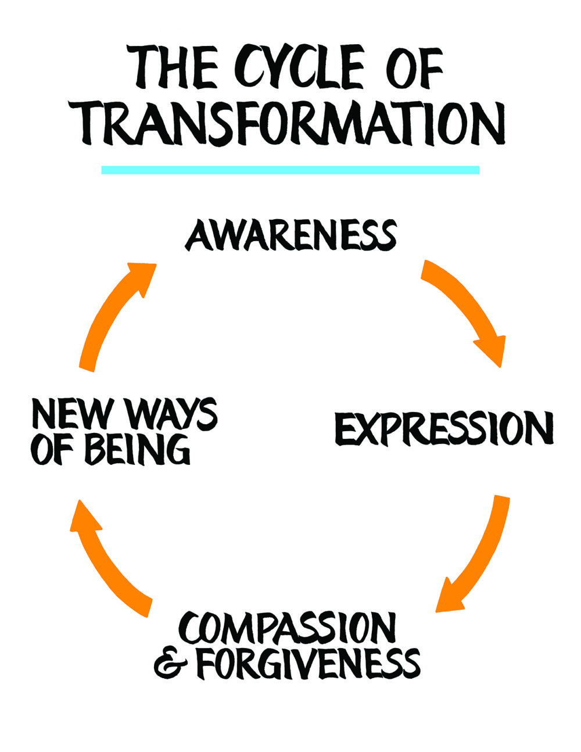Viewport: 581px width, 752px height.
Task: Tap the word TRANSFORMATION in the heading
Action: [x=293, y=124]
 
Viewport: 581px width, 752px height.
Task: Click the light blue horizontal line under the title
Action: [x=290, y=170]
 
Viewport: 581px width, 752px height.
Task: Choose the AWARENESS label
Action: [x=290, y=235]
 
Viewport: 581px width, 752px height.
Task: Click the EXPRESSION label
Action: [x=444, y=429]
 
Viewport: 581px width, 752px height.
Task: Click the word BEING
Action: [x=138, y=449]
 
